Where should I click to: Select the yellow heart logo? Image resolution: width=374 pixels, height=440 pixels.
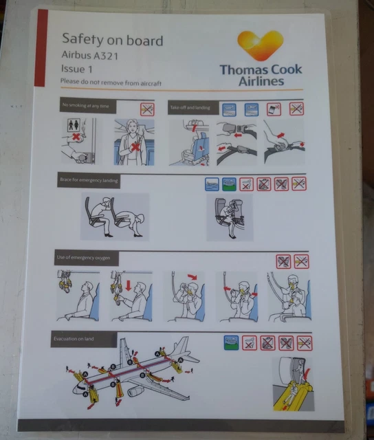pyautogui.click(x=260, y=45)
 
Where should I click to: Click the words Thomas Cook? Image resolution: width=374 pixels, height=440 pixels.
pyautogui.click(x=261, y=69)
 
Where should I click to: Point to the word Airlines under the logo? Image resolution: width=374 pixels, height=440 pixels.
pyautogui.click(x=261, y=82)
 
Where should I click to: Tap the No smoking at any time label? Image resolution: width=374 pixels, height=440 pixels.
pyautogui.click(x=86, y=107)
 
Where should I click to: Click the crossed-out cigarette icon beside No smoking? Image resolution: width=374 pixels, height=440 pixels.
pyautogui.click(x=146, y=108)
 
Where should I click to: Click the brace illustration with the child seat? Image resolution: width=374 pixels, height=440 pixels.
pyautogui.click(x=230, y=217)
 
